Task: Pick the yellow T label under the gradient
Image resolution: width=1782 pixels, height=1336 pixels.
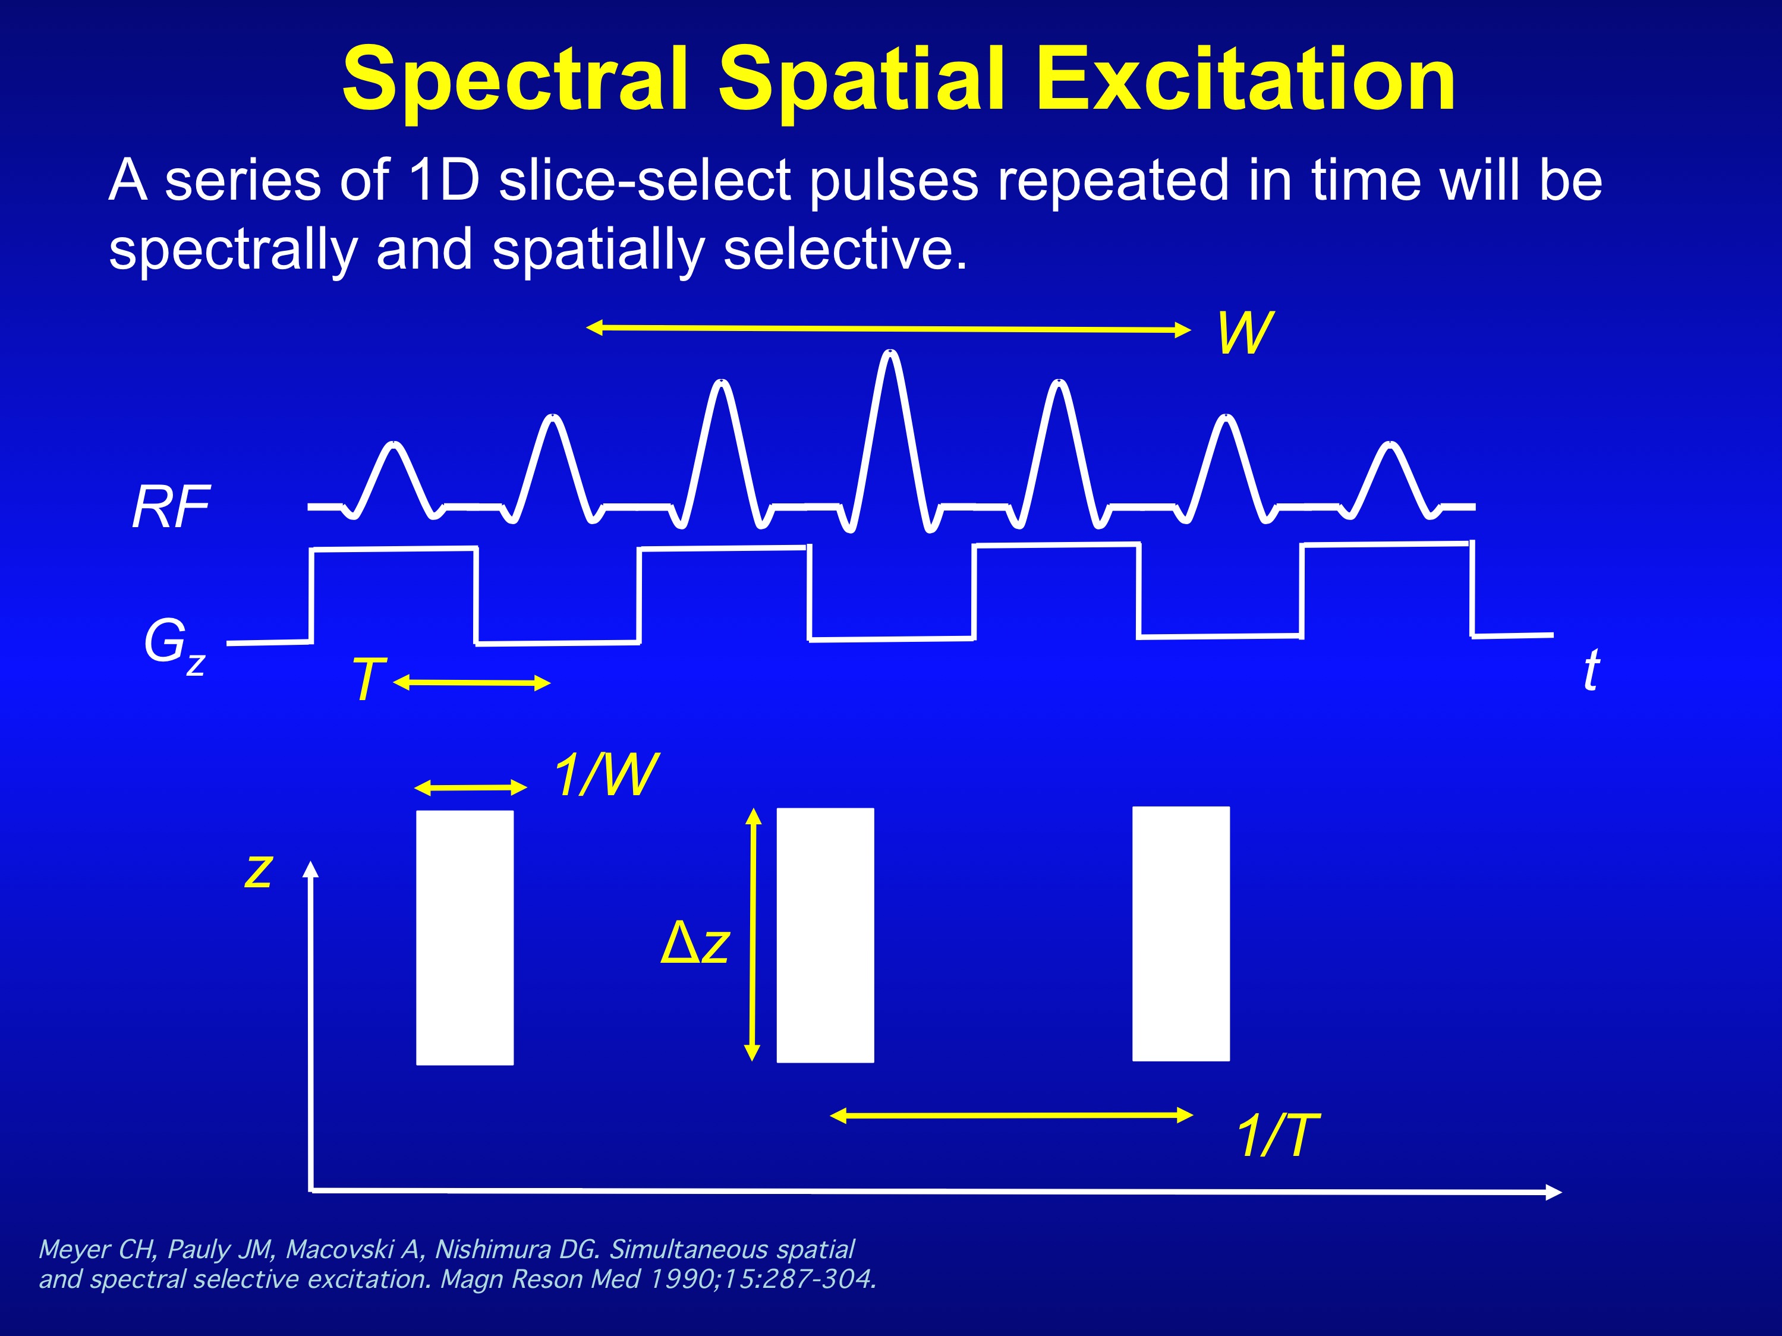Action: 368,679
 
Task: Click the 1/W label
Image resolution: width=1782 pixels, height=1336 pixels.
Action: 606,775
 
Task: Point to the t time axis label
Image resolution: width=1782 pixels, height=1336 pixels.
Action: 1591,670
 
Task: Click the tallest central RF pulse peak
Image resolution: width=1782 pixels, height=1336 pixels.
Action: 890,354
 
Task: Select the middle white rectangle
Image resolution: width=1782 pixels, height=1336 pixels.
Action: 825,935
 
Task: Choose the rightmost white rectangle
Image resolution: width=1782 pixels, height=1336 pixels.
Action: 1181,933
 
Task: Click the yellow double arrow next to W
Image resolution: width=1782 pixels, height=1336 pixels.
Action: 889,329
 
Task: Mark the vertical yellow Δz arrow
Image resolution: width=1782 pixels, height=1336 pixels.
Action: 753,934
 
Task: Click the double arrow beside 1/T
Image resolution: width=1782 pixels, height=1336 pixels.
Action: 1012,1116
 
